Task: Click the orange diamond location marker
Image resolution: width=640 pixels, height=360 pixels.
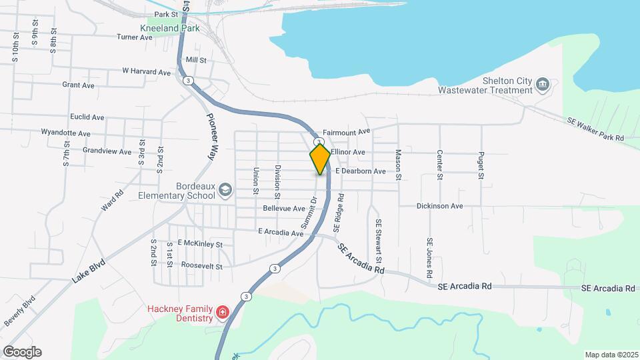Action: (320, 159)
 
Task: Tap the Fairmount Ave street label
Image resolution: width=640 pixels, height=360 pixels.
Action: (346, 133)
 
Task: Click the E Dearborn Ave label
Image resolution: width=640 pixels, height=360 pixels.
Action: (361, 171)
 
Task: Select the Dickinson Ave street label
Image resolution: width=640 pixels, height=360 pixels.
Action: (439, 206)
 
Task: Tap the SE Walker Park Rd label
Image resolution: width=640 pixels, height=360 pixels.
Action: (595, 129)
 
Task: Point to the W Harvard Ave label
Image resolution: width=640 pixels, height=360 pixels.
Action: (146, 71)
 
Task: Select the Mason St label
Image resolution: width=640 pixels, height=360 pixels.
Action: (397, 165)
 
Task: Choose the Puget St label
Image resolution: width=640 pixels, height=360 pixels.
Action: (480, 165)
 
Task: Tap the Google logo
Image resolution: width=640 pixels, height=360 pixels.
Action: (22, 352)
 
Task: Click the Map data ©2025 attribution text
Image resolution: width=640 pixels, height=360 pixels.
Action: (610, 355)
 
